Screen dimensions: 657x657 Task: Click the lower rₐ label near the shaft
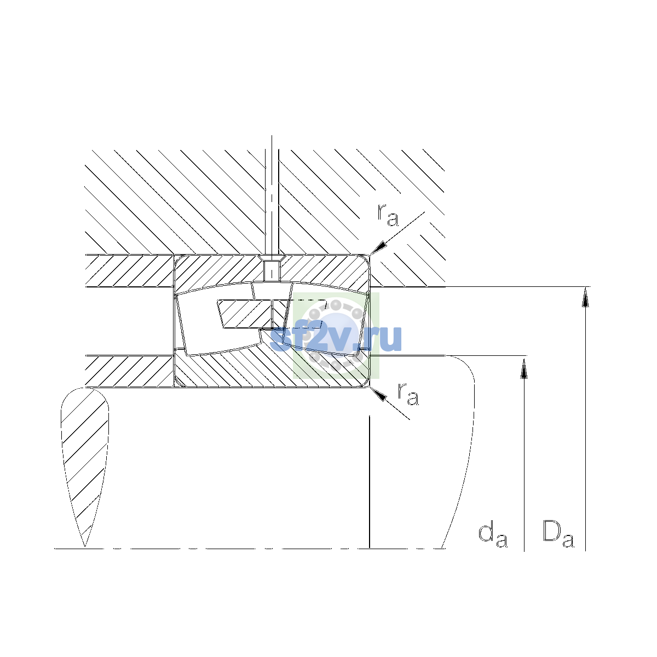(408, 394)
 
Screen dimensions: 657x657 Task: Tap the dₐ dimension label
(493, 535)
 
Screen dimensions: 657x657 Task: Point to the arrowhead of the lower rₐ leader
(378, 394)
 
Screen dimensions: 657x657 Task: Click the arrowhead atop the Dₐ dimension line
(585, 297)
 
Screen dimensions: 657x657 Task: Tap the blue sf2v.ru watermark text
(336, 338)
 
